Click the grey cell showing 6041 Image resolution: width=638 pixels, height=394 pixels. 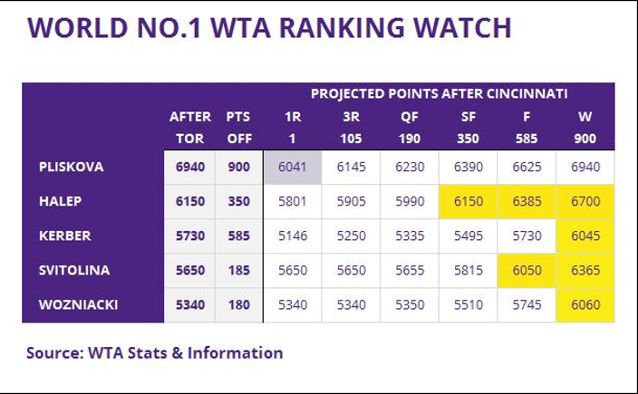click(293, 168)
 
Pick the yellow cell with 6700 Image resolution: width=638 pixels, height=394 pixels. click(585, 202)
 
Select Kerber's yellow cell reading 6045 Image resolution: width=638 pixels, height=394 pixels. click(585, 236)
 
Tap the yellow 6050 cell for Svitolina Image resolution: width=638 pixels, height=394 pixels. click(527, 271)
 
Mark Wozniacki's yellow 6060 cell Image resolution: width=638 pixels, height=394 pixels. click(585, 305)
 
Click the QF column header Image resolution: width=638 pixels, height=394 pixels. click(410, 117)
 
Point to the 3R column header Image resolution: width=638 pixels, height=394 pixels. click(351, 117)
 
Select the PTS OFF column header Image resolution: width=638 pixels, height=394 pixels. click(238, 128)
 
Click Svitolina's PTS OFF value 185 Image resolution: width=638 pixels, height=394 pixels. click(238, 271)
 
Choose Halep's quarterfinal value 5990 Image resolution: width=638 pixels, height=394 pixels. click(410, 202)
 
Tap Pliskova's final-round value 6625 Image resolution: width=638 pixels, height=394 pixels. click(527, 168)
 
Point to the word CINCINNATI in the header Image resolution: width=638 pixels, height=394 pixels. click(529, 93)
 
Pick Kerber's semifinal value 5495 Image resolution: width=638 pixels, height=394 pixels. click(468, 236)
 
